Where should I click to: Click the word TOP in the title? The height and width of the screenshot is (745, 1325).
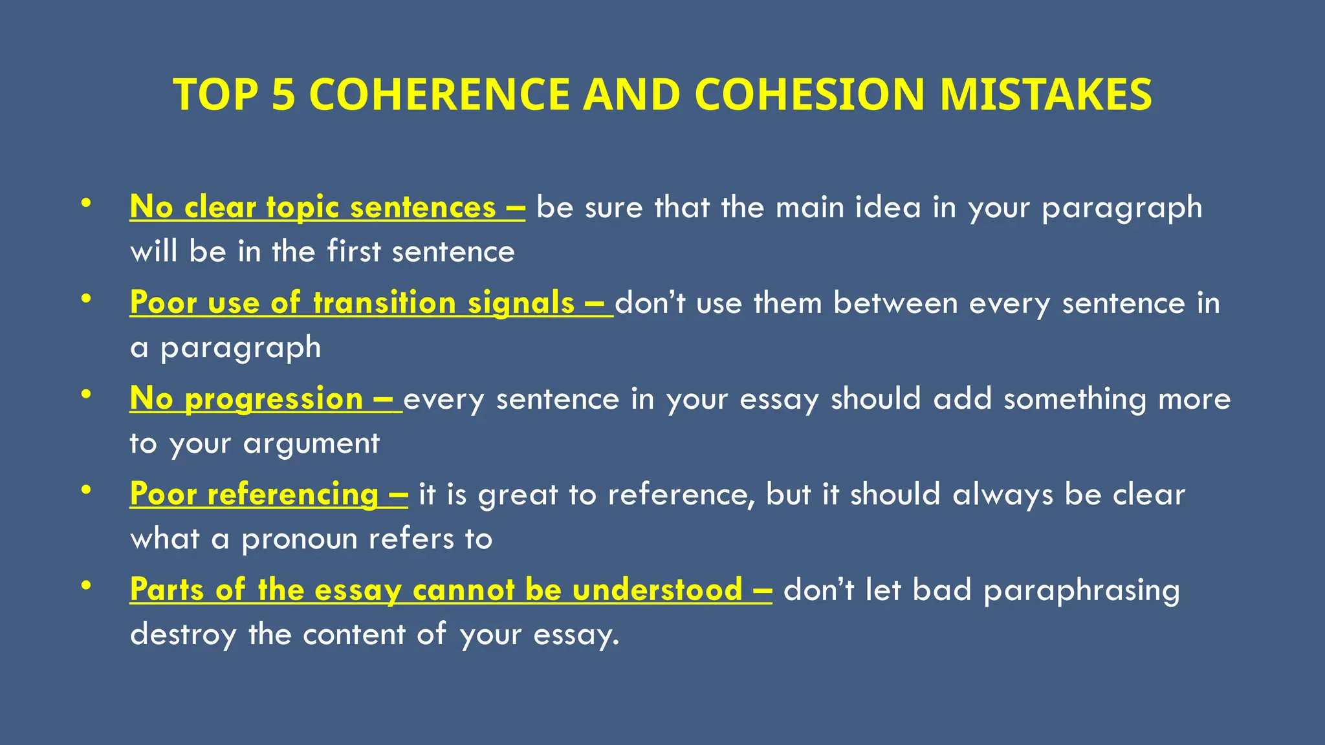coord(215,94)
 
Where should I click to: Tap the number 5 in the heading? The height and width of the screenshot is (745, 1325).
coord(283,94)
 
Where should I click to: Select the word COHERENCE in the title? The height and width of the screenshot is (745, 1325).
coord(439,94)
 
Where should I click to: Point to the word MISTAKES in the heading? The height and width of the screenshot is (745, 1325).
coord(1045,94)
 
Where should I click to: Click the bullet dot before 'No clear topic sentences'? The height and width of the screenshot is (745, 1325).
coord(86,204)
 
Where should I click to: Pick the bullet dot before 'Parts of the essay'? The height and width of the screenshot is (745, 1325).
coord(86,586)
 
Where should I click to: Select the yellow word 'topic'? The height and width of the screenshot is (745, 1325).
coord(302,208)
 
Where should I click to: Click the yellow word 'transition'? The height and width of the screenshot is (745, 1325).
coord(384,303)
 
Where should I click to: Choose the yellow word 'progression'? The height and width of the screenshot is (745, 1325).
coord(274,399)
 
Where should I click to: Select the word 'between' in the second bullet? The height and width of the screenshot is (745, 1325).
coord(895,303)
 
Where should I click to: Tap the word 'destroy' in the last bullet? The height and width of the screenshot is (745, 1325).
coord(183,634)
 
